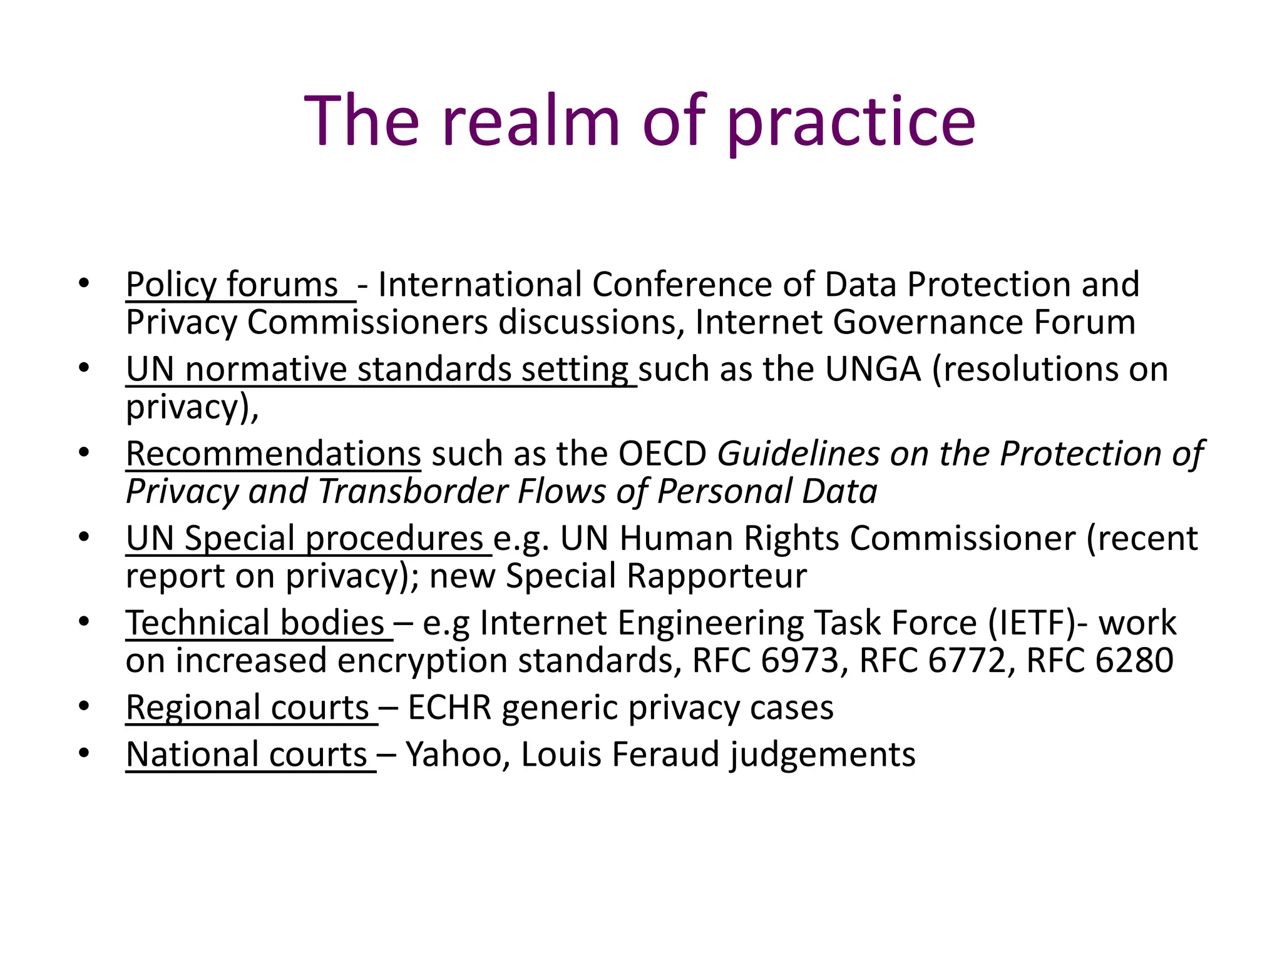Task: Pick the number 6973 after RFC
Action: click(x=799, y=661)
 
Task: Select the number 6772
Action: click(x=967, y=661)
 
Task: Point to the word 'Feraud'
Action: click(x=665, y=755)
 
